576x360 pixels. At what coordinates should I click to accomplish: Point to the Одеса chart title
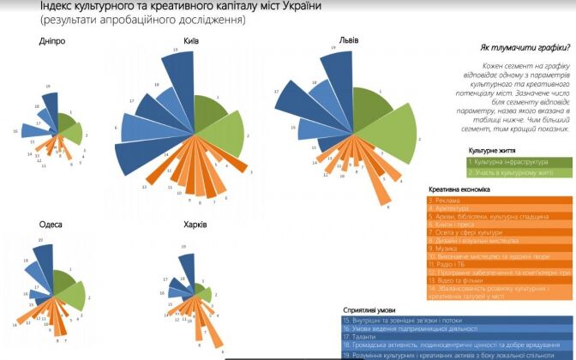tap(51, 224)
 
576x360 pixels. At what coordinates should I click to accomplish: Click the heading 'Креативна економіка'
tap(459, 189)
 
